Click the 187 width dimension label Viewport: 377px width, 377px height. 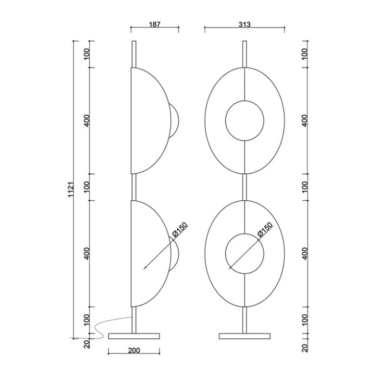click(x=155, y=24)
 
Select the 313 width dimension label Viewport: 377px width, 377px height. click(x=244, y=24)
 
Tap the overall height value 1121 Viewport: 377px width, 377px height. click(x=71, y=189)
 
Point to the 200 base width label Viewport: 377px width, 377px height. click(x=134, y=350)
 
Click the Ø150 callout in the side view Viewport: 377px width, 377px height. click(x=180, y=230)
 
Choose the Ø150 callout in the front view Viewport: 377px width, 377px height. click(x=265, y=230)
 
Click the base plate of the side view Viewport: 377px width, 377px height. click(x=134, y=336)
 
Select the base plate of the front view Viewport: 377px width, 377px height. click(x=244, y=336)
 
